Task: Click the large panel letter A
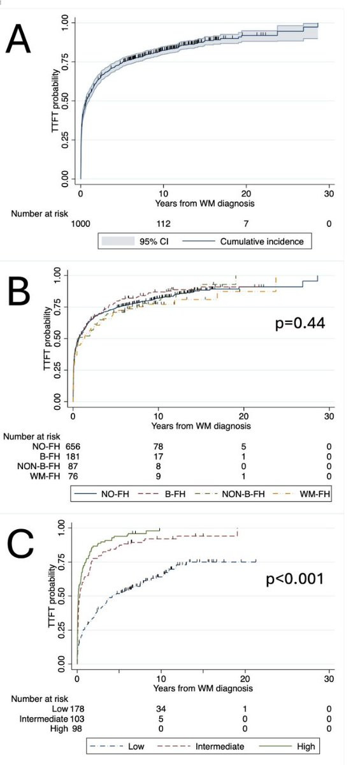pos(18,40)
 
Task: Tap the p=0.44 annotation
pos(300,323)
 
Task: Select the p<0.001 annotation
pos(294,579)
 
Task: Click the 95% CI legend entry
pos(135,242)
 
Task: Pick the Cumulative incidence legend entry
pos(243,242)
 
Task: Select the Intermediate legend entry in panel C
pos(201,747)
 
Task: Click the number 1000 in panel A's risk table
pos(80,224)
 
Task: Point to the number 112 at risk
pos(163,224)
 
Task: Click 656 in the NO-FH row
pos(73,446)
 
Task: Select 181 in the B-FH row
pos(73,456)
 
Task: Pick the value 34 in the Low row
pos(161,709)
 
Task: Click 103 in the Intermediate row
pos(77,719)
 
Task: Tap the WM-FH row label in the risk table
pos(45,476)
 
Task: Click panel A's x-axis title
pos(205,203)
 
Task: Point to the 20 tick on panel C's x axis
pos(245,678)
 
